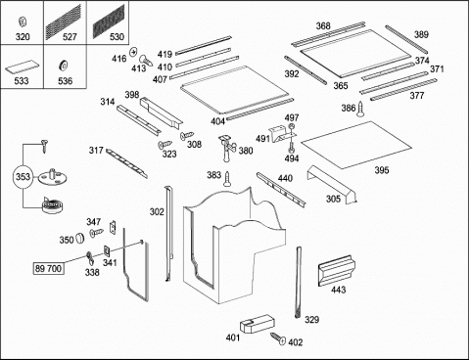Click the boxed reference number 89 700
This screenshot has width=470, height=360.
(48, 268)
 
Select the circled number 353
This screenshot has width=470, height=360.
(23, 177)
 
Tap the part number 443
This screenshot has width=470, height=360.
(339, 290)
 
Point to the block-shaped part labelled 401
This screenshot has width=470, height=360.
(258, 324)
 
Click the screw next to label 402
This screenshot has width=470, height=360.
(278, 338)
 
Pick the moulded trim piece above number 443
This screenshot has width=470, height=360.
(335, 270)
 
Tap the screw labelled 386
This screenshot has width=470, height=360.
(360, 110)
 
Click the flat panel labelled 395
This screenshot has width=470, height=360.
(356, 145)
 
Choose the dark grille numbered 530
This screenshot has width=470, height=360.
(109, 22)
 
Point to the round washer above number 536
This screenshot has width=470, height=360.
(63, 65)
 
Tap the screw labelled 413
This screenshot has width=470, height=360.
(146, 60)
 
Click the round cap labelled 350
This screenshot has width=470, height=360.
(79, 239)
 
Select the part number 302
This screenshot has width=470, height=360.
(157, 212)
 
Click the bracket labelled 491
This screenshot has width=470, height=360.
(282, 133)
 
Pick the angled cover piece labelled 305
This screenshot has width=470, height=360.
(332, 185)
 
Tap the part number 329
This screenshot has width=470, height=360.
(311, 320)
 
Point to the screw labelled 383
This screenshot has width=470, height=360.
(227, 179)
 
